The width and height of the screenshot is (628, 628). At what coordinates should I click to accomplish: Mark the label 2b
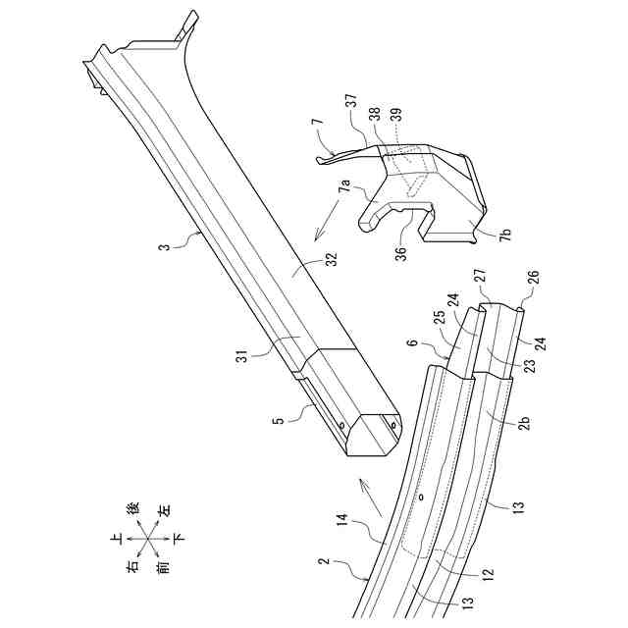coord(526,422)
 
